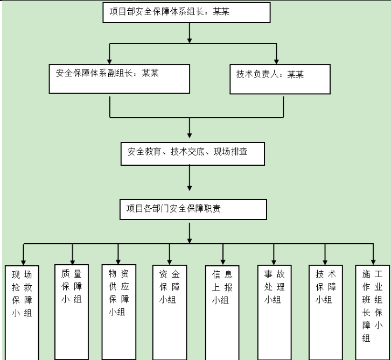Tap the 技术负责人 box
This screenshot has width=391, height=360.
pyautogui.click(x=280, y=80)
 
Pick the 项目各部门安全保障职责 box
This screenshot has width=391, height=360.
pyautogui.click(x=193, y=209)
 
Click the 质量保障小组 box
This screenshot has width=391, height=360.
pyautogui.click(x=72, y=311)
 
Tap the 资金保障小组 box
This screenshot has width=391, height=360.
pyautogui.click(x=170, y=312)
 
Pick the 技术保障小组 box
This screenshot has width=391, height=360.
pyautogui.click(x=325, y=312)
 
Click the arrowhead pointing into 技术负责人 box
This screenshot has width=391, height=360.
pyautogui.click(x=277, y=60)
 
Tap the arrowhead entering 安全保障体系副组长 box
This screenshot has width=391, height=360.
pyautogui.click(x=110, y=60)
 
